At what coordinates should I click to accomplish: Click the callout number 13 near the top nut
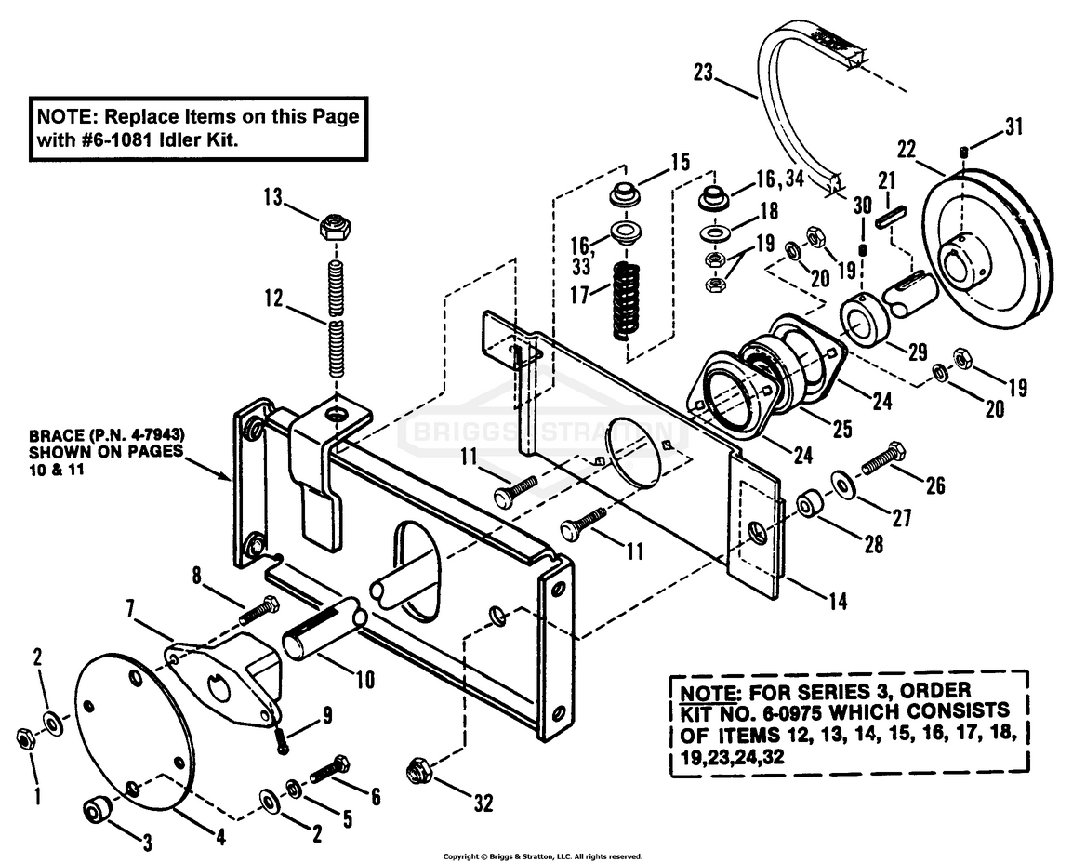272,198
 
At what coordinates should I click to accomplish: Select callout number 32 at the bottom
483,801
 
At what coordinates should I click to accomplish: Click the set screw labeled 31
965,153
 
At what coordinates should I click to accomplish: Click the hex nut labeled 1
25,737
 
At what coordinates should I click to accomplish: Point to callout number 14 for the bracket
837,602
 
